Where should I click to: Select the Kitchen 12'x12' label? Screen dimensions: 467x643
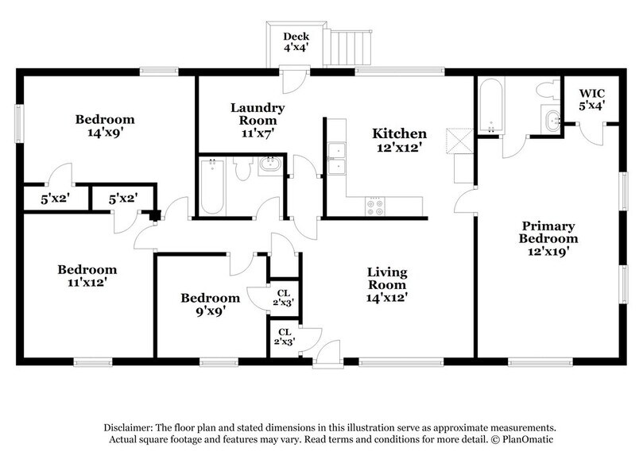(x=401, y=141)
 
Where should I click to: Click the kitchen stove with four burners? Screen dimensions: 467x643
(x=375, y=206)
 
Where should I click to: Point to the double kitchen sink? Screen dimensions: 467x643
(x=337, y=157)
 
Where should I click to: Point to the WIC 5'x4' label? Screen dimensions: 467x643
(x=591, y=98)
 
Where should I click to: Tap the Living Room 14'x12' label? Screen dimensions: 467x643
(x=387, y=284)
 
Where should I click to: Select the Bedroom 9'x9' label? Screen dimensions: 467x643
(x=210, y=305)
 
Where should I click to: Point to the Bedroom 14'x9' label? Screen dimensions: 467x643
(x=105, y=126)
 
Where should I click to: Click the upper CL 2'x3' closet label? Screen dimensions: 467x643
(x=284, y=296)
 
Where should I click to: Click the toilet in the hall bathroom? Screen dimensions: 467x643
(x=268, y=168)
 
